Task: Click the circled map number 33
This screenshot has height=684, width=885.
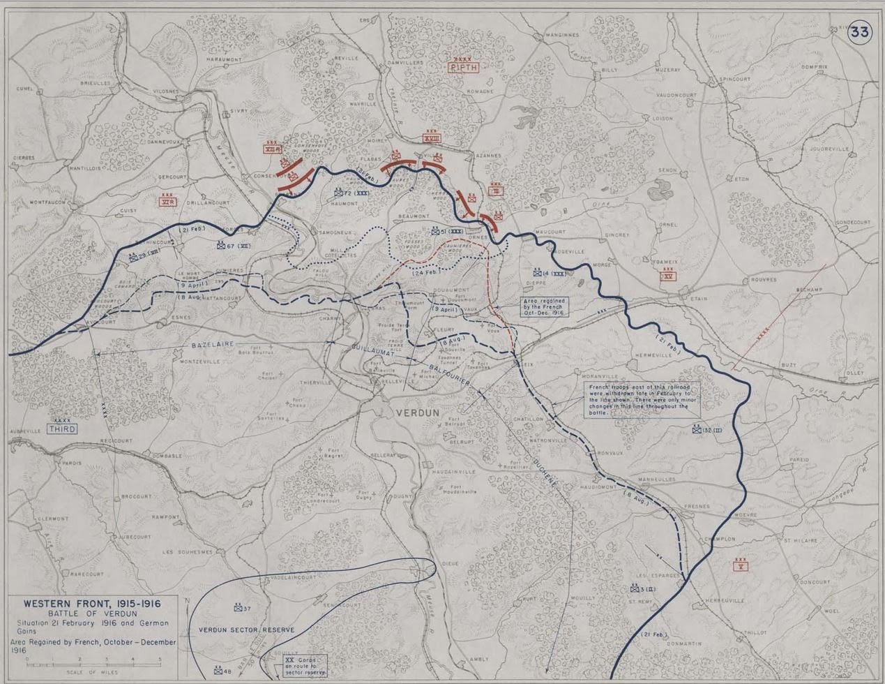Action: (x=858, y=32)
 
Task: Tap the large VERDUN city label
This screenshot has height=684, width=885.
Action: (x=417, y=412)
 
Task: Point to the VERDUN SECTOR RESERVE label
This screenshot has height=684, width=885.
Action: (x=246, y=630)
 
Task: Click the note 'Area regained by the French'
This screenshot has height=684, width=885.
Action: (x=545, y=307)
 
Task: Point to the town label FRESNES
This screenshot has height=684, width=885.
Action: (x=697, y=506)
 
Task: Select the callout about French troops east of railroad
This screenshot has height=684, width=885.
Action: (x=641, y=400)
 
